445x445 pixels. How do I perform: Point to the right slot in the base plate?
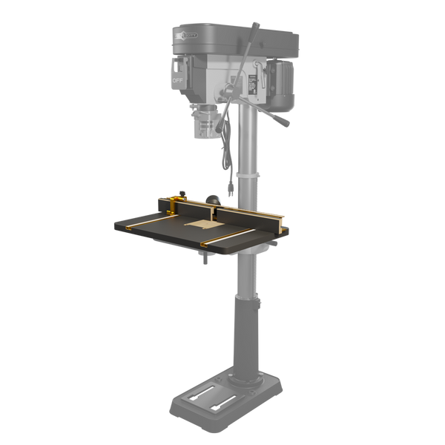251,394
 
